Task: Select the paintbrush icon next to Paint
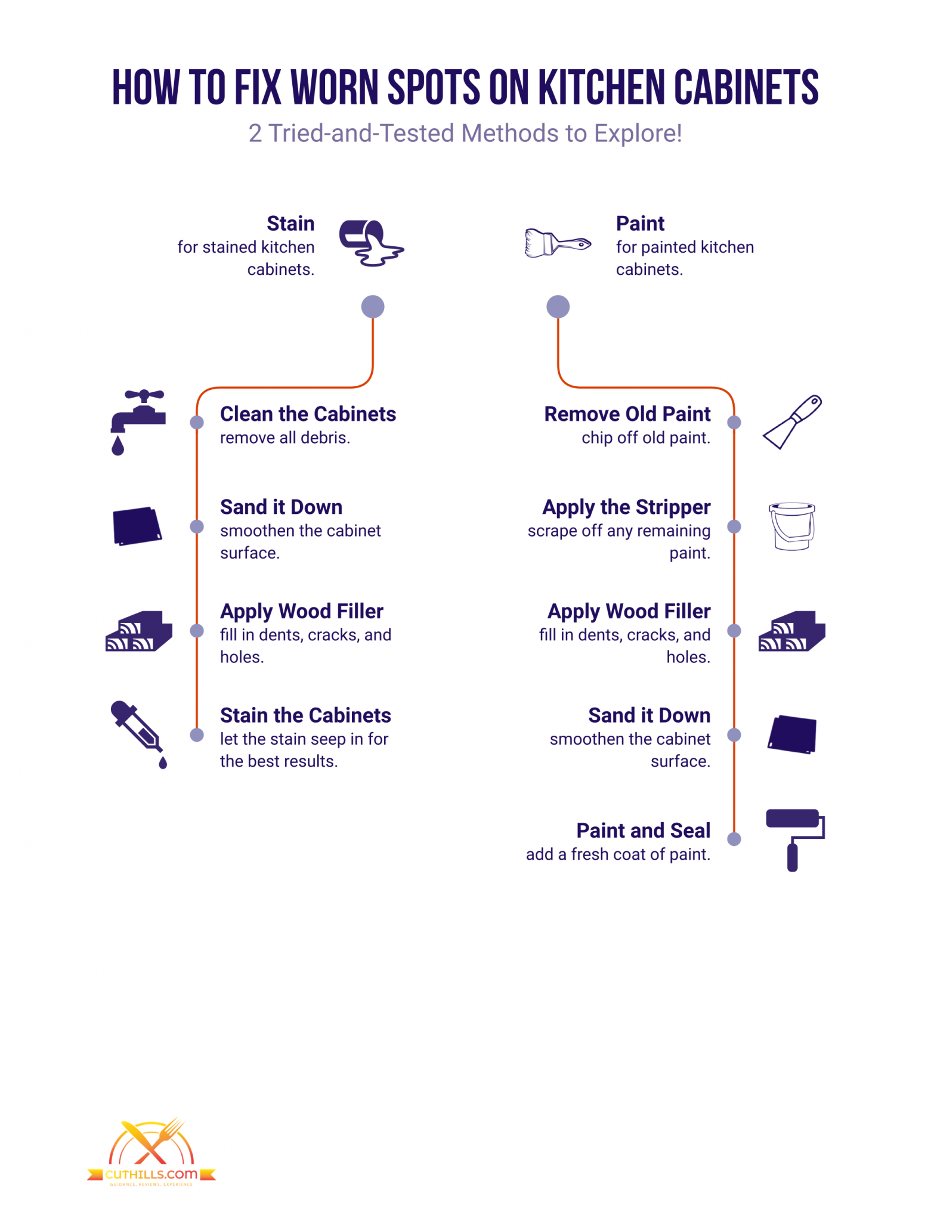[x=557, y=243]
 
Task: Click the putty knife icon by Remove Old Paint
[x=793, y=422]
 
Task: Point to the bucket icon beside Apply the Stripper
[x=792, y=526]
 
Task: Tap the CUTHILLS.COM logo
[x=151, y=1153]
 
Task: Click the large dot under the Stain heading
[x=373, y=307]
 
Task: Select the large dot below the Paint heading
[x=558, y=307]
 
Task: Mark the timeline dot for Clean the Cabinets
[x=197, y=423]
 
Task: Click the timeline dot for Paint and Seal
[x=734, y=839]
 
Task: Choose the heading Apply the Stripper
[x=626, y=507]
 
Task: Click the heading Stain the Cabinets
[x=305, y=715]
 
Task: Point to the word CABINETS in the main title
[x=746, y=88]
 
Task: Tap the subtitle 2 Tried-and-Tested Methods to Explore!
[x=465, y=134]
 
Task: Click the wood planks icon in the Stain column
[x=139, y=631]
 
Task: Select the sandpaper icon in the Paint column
[x=792, y=735]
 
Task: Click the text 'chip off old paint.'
[x=646, y=438]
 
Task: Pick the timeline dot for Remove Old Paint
[x=734, y=423]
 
